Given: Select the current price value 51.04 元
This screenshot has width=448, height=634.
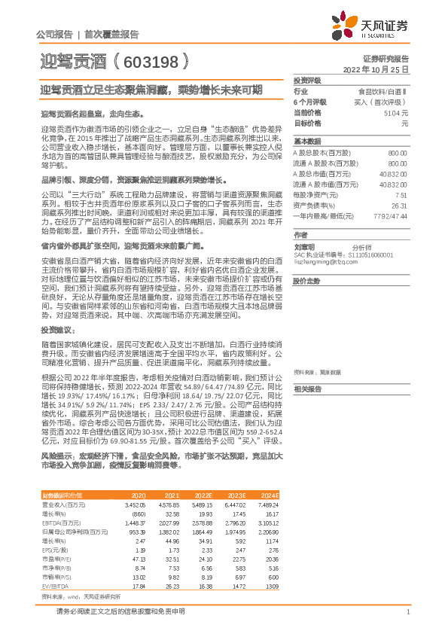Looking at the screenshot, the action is click(x=395, y=111).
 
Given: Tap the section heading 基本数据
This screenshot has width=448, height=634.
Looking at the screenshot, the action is click(x=306, y=142).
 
